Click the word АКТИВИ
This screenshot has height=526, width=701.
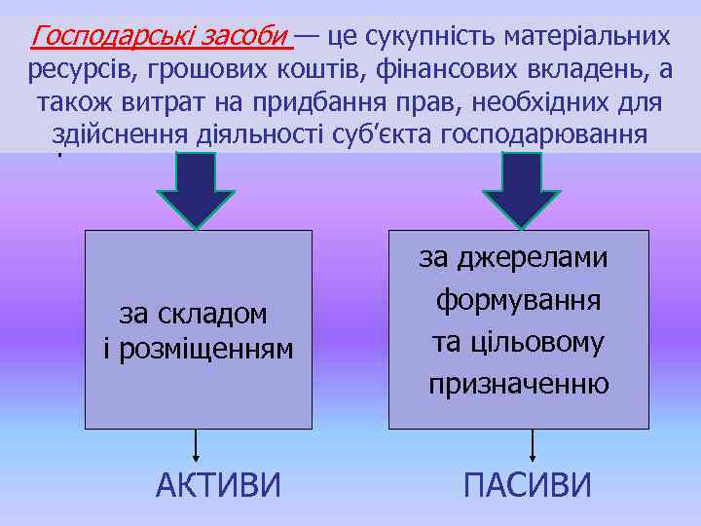[x=217, y=484]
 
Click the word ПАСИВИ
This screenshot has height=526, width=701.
[x=526, y=484]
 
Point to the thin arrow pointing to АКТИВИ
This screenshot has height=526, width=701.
[x=197, y=445]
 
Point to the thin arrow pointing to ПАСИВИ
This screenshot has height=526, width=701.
[x=532, y=445]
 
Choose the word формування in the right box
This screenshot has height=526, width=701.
[x=518, y=299]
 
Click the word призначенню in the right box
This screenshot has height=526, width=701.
[x=519, y=384]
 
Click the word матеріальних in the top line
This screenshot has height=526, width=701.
[x=587, y=37]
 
